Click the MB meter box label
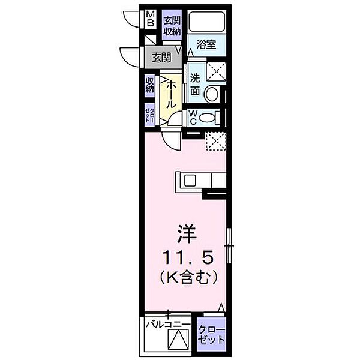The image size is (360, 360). (151, 20)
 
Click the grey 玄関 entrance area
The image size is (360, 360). (161, 58)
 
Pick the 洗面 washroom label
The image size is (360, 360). (196, 85)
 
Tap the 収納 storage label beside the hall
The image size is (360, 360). (150, 86)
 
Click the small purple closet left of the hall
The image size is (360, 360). (150, 113)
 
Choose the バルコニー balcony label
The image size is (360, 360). (168, 325)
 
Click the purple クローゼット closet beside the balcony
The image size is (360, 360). (212, 334)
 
